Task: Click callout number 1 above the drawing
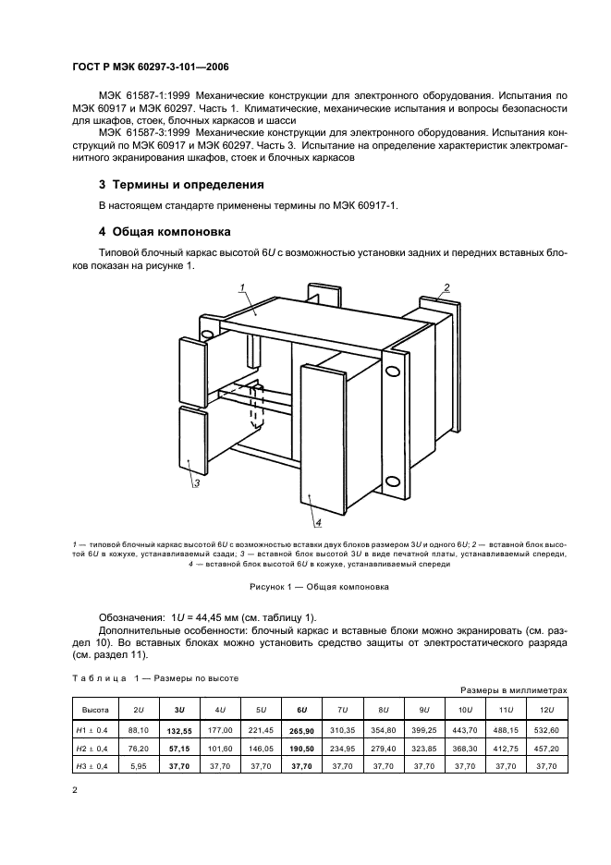(x=241, y=287)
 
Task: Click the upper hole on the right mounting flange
(x=394, y=372)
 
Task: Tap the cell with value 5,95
(x=138, y=766)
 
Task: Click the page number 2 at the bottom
(x=75, y=790)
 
